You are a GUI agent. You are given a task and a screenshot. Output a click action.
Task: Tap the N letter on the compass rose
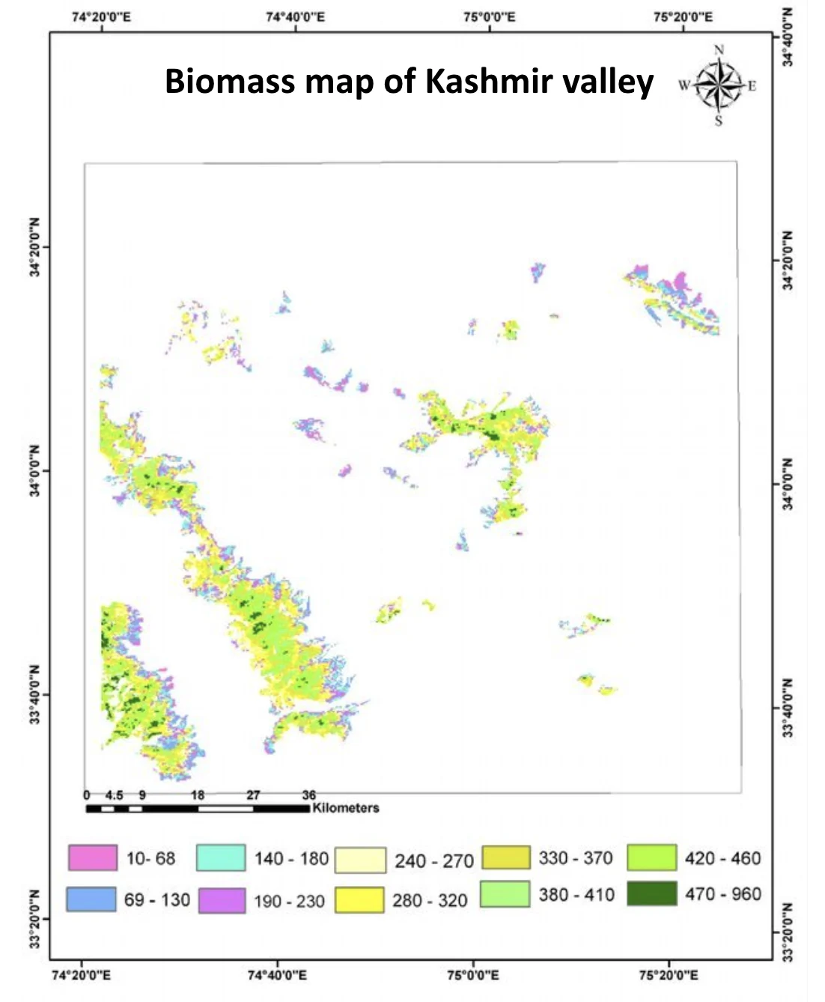(x=719, y=50)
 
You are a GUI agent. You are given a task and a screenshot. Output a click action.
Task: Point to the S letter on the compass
(x=719, y=121)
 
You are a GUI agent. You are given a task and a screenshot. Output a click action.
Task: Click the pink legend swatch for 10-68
(x=92, y=857)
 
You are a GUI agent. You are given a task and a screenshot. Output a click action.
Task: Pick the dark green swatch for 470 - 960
(x=651, y=893)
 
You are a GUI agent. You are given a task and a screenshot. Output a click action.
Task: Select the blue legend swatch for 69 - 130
(x=91, y=899)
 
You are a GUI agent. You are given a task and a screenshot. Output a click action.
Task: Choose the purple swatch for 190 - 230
(x=222, y=900)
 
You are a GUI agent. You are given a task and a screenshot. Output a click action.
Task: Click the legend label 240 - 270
(x=434, y=861)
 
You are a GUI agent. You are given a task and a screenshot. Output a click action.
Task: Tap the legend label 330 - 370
(x=575, y=857)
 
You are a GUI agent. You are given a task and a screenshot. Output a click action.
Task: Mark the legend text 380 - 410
(x=576, y=894)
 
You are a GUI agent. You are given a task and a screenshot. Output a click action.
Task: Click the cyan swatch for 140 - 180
(x=221, y=857)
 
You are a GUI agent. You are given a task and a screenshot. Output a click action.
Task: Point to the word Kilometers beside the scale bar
(x=346, y=808)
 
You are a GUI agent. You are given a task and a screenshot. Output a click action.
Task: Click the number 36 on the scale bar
(x=308, y=795)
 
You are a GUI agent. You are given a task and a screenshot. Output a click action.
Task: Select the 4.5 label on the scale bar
(x=114, y=795)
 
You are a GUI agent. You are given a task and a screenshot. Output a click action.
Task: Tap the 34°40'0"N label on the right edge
(x=787, y=37)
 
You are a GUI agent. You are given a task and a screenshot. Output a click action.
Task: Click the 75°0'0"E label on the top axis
(x=490, y=17)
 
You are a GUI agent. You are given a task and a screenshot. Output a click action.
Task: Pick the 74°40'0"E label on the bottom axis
(x=277, y=975)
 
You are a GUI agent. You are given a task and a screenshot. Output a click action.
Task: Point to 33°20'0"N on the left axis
(x=34, y=919)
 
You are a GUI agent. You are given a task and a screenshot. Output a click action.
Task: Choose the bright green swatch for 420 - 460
(x=651, y=857)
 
